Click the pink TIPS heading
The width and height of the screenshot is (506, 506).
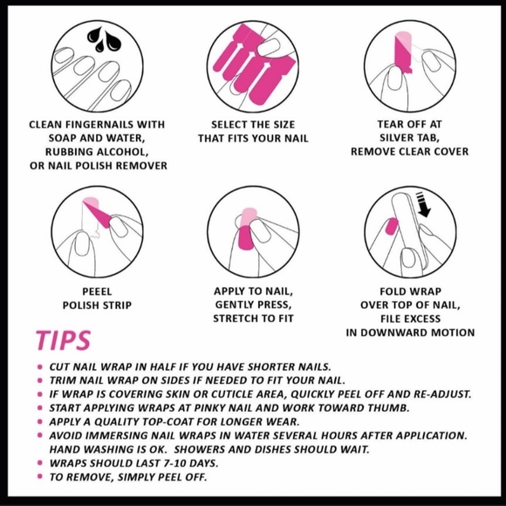[x=63, y=340]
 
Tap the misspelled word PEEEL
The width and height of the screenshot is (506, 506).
[x=97, y=291]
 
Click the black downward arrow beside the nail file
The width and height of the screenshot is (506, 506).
[x=423, y=205]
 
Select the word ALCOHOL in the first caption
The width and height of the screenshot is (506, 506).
[x=123, y=152]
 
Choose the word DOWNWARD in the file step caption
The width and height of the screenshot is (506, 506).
[x=394, y=332]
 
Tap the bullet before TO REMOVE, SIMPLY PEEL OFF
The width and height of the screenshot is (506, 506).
[x=40, y=476]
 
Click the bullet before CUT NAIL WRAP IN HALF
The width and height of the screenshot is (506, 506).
[x=40, y=366]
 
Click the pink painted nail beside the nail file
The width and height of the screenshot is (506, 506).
[x=392, y=226]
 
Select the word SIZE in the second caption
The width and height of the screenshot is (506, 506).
[x=284, y=125]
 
